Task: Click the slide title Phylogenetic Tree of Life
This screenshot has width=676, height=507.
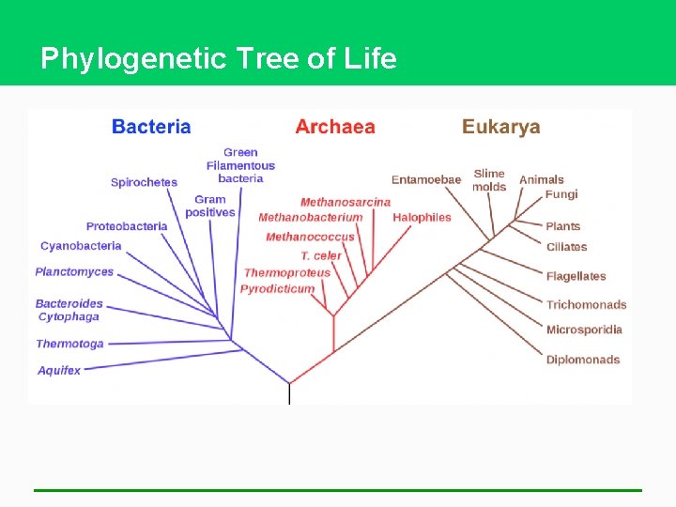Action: (x=219, y=58)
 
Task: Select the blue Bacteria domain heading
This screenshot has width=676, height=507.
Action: (x=151, y=127)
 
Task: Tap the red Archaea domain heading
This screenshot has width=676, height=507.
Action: (x=334, y=127)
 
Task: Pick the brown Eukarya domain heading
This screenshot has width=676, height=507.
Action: (x=500, y=127)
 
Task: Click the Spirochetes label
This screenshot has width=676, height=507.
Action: (x=144, y=182)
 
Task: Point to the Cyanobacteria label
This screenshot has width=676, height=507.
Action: (x=81, y=246)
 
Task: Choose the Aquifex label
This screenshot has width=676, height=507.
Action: (x=59, y=370)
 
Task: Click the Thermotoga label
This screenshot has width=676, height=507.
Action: (x=69, y=344)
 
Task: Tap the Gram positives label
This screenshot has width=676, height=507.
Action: (x=210, y=206)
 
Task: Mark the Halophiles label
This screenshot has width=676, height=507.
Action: (x=422, y=217)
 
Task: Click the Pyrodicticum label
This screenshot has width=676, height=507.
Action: (x=277, y=288)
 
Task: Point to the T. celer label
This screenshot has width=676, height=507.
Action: (x=321, y=255)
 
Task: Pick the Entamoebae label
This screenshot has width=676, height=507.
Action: (x=426, y=179)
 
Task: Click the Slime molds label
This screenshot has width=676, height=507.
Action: (x=489, y=179)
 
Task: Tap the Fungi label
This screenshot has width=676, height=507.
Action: (x=561, y=194)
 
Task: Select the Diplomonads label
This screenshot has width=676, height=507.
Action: (x=583, y=360)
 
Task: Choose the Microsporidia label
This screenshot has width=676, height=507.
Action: (x=584, y=330)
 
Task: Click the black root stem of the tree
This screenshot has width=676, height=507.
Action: (x=289, y=394)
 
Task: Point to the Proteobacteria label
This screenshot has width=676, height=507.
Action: (x=127, y=226)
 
